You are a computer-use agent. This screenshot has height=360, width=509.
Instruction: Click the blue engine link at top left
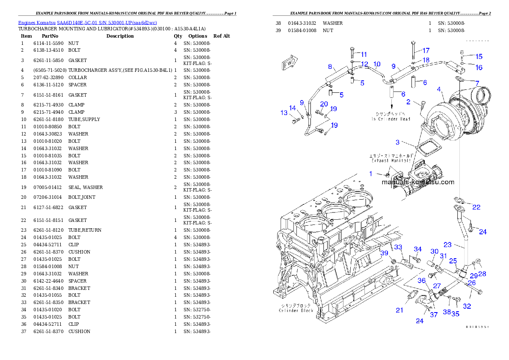[87, 23]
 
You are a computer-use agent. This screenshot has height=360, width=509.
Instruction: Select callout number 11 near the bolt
[364, 54]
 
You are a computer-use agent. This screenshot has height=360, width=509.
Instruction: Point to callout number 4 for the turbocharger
[439, 89]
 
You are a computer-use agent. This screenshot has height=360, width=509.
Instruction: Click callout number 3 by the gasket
[397, 142]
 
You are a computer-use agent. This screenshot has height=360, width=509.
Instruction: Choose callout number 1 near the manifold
[371, 174]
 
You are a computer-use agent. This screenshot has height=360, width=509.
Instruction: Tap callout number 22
[476, 207]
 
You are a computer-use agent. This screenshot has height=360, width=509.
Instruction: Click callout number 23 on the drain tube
[447, 245]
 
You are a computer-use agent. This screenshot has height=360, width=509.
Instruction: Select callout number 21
[399, 310]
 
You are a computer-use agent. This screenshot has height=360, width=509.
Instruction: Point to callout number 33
[398, 247]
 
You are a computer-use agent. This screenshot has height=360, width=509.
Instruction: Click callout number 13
[284, 113]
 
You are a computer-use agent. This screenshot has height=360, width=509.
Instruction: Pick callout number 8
[330, 67]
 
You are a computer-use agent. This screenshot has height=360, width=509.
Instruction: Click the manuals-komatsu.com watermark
[418, 182]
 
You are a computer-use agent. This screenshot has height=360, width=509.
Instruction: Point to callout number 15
[479, 56]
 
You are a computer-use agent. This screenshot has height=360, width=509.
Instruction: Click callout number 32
[467, 306]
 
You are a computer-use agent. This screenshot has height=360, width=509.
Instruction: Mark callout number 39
[385, 253]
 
